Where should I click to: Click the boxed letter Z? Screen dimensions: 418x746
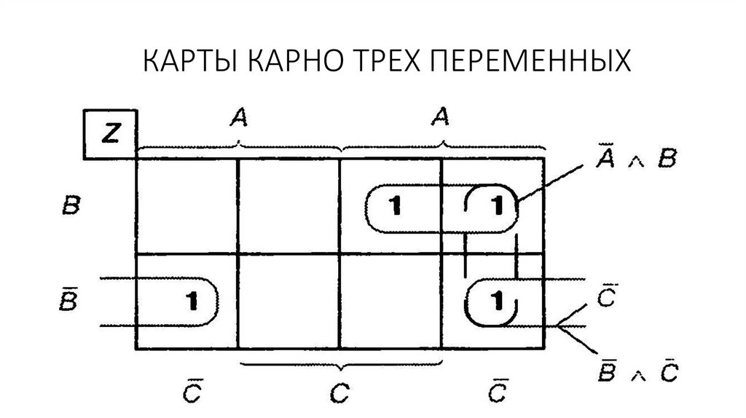[x=109, y=135]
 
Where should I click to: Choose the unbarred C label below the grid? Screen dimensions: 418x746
[x=339, y=394]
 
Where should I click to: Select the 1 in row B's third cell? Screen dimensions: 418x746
[x=394, y=207]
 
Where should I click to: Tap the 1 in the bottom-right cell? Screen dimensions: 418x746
[x=497, y=299]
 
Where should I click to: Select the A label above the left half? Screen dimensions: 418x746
[x=238, y=117]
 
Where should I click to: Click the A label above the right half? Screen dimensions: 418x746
[x=439, y=117]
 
